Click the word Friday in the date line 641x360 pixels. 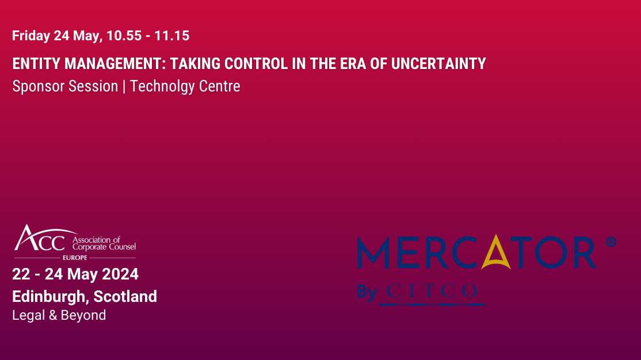pos(31,36)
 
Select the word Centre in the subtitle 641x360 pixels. pos(220,86)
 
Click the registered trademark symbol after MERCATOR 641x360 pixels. pos(611,242)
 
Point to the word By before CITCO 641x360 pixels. pos(367,292)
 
